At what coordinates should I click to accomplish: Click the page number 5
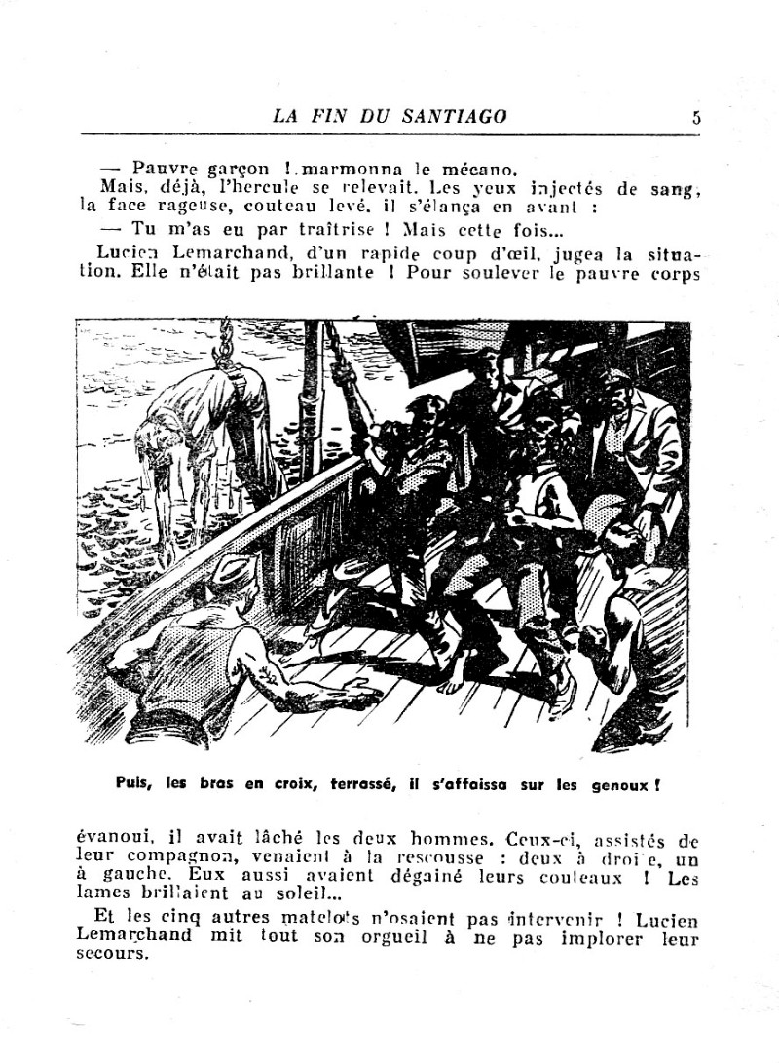(696, 117)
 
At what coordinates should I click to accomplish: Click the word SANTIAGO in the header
(455, 116)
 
